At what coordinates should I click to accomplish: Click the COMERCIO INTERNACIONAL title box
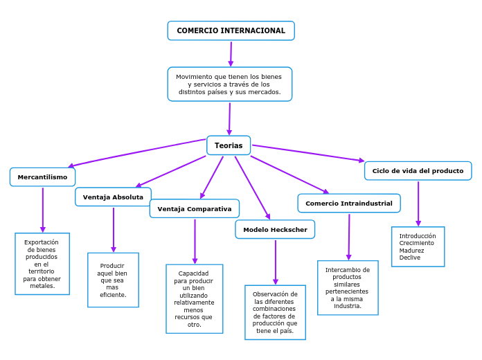pos(231,30)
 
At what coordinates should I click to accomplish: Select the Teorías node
pos(229,145)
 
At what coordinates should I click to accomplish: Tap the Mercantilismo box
pos(42,177)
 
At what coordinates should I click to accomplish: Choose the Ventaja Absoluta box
pos(113,197)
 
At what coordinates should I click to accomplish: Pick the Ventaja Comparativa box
pos(194,209)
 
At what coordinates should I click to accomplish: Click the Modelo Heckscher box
pos(275,230)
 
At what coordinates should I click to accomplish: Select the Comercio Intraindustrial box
pos(348,204)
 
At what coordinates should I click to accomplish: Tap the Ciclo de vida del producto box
pos(418,171)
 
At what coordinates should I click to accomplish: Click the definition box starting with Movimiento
pos(229,84)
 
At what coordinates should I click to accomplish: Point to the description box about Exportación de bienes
pos(42,264)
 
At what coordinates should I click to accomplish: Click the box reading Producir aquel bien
pos(113,280)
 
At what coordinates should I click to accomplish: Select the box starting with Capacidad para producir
pos(194,298)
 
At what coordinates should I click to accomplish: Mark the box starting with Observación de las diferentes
pos(275,312)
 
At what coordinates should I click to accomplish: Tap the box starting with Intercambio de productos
pos(348,287)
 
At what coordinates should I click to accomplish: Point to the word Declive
pos(410,258)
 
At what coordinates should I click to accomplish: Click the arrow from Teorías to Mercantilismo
pos(139,153)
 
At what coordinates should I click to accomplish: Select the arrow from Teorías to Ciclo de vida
pos(308,153)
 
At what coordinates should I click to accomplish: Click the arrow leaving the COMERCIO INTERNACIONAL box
pos(231,54)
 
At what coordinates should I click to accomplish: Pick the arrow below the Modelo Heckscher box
pos(276,262)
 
